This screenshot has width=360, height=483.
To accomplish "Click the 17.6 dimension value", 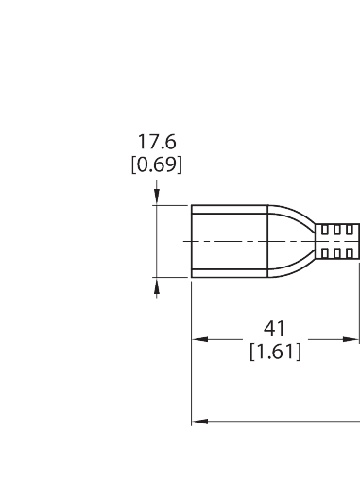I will click(157, 143).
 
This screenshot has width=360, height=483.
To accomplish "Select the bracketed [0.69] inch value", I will click(157, 164).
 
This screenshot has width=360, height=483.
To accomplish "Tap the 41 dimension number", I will click(275, 328).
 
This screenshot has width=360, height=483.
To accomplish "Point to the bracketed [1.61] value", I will click(275, 352).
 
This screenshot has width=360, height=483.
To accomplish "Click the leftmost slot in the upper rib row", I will click(326, 230).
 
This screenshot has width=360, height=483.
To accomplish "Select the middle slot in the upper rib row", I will click(339, 230).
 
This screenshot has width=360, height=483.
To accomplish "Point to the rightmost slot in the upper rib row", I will click(352, 230).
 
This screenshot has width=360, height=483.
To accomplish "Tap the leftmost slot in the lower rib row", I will click(326, 253).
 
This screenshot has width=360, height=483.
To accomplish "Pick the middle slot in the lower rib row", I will click(339, 253).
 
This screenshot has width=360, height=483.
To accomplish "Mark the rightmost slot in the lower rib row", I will click(352, 253).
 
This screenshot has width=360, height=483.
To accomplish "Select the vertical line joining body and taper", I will click(265, 241).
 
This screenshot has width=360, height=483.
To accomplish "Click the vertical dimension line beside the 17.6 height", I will click(157, 241).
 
